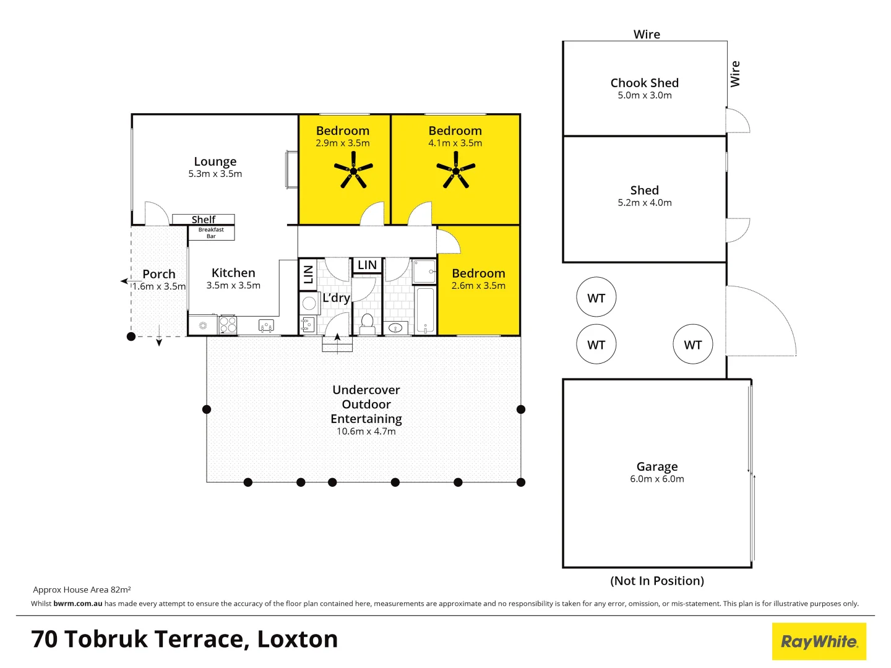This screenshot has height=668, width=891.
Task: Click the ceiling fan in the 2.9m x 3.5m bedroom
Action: [353, 171]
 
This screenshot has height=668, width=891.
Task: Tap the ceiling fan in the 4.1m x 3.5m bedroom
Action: [456, 171]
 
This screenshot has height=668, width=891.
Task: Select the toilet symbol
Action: [367, 323]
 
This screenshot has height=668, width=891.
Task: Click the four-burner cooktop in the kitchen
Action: [228, 324]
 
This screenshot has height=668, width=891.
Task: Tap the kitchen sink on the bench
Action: [266, 325]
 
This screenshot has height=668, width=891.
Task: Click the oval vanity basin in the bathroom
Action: [396, 328]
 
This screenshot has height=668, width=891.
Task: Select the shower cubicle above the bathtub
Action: [424, 272]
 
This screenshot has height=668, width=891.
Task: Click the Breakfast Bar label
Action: [211, 233]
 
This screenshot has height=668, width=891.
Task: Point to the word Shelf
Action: [204, 220]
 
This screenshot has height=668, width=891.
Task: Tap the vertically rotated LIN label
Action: [308, 274]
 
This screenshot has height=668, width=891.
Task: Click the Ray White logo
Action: [819, 641]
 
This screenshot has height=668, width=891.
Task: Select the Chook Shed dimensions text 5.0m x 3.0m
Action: [644, 95]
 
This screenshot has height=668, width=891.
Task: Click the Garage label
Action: [656, 466]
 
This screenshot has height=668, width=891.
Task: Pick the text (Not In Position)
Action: [656, 581]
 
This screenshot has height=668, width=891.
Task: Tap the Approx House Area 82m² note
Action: [82, 590]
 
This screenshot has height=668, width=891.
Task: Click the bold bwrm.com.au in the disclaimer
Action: [78, 604]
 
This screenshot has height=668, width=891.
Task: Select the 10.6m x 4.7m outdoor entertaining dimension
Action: [366, 432]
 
